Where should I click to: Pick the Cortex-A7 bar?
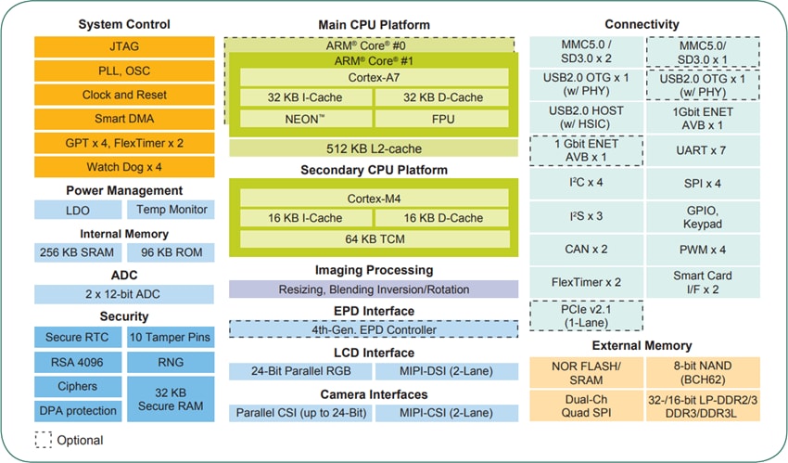coord(375,77)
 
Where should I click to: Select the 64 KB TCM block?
coord(375,239)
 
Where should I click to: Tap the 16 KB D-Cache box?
coord(442,218)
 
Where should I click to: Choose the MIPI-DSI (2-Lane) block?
coord(446,371)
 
